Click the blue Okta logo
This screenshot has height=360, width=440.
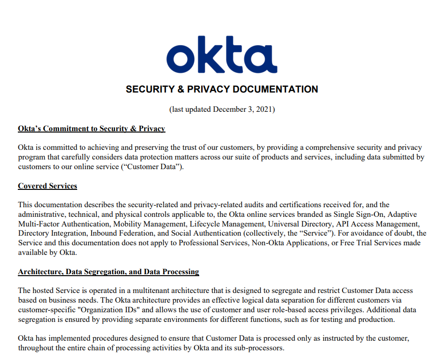[x=221, y=54]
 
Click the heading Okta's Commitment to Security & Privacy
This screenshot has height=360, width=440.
[x=92, y=129]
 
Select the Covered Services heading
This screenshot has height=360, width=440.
[x=47, y=186]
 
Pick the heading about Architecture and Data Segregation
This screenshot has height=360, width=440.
[x=109, y=272]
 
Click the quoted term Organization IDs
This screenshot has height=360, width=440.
[x=110, y=309]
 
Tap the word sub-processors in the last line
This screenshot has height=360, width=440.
[x=261, y=347]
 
